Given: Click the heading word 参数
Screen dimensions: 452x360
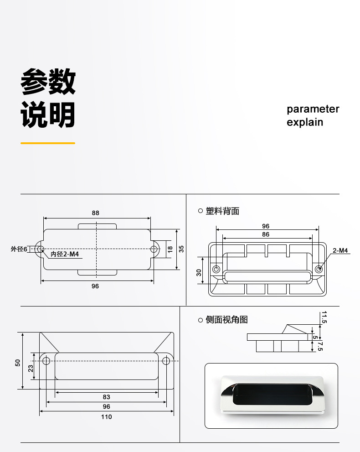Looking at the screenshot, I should (48, 82).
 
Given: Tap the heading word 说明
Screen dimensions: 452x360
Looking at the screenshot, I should (48, 114).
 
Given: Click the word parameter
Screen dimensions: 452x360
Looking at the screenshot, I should (313, 109).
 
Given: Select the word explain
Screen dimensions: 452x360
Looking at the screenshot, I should (305, 122).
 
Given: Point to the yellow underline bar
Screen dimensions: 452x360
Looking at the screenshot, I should (48, 143).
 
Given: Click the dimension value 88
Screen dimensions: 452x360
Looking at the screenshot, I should (95, 213).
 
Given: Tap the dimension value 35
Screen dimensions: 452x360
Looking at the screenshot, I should (181, 249).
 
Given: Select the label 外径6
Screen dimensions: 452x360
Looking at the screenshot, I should (19, 249).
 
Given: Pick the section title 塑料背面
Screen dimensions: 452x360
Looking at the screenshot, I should (222, 211).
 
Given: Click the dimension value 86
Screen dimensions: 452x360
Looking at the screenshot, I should (266, 234).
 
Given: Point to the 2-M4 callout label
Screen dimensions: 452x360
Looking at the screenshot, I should (340, 250).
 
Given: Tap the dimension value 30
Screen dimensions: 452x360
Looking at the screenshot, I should (199, 272).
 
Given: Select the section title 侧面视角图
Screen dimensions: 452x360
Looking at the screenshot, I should (226, 320).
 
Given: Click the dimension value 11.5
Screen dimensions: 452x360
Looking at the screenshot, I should (324, 317).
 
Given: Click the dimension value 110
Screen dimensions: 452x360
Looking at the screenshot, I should (106, 417).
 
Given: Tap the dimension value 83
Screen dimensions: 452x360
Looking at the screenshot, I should (106, 397).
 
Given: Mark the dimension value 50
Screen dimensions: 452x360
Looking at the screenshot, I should (18, 363).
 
